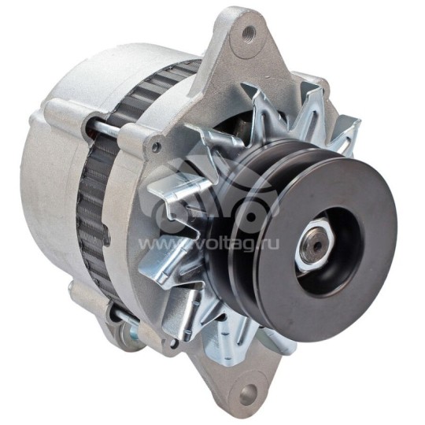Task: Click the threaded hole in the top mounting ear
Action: [x=249, y=33]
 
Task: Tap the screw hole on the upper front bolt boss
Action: [x=157, y=147]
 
